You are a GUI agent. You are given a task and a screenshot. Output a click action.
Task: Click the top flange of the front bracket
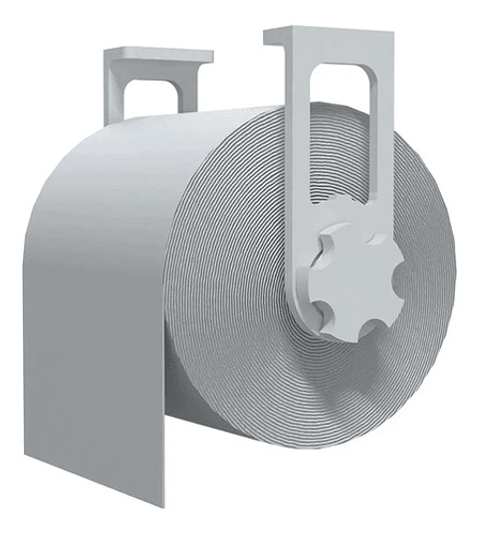[329, 37]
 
